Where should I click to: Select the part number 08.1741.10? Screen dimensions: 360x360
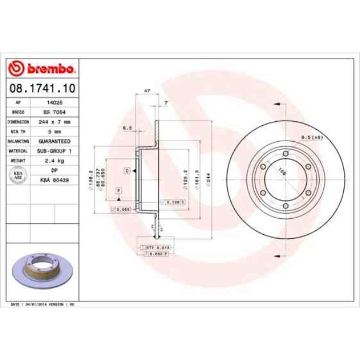[x=42, y=88]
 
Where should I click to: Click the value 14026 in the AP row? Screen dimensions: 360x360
[x=54, y=102]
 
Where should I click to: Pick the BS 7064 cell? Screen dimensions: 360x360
[x=54, y=112]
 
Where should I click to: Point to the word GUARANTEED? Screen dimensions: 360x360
[x=54, y=141]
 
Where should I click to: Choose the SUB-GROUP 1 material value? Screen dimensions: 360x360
[x=54, y=151]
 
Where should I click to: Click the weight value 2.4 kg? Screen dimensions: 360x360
[x=54, y=160]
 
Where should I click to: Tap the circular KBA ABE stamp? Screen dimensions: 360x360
[x=18, y=176]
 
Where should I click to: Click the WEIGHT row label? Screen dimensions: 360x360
[x=18, y=160]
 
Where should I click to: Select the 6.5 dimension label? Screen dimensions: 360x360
[x=127, y=128]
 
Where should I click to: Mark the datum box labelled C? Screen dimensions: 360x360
[x=127, y=171]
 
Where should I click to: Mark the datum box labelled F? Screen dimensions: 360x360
[x=118, y=191]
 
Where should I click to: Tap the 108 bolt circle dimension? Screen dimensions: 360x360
[x=281, y=172]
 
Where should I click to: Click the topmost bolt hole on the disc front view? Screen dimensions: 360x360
[x=285, y=153]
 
